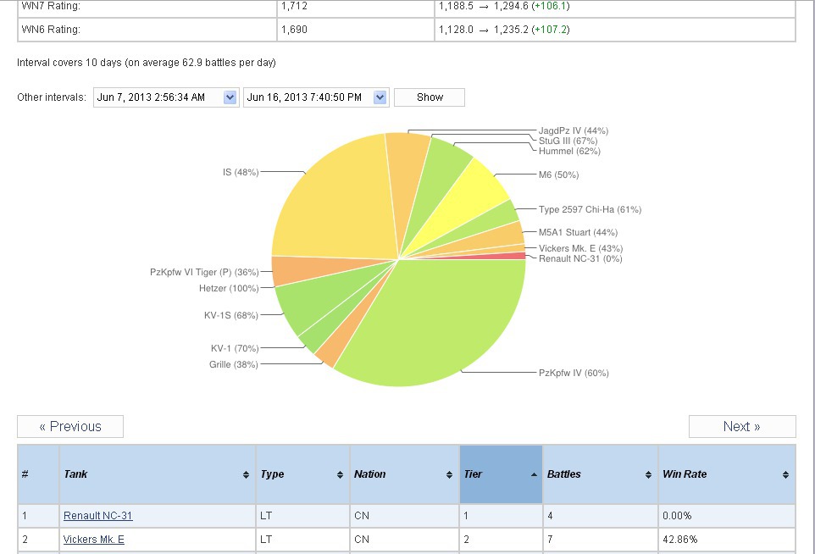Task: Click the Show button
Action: coord(430,97)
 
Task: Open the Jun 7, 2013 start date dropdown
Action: coord(230,97)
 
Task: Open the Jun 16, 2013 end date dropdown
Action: coord(380,97)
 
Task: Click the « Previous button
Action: coord(70,426)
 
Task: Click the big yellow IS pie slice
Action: coord(335,195)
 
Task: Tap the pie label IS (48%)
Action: coord(240,172)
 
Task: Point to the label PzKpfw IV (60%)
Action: coord(574,373)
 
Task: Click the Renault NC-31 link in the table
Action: coord(97,516)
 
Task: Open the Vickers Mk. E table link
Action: coord(93,540)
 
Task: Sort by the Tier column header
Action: coord(500,474)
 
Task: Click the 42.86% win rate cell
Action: coord(679,540)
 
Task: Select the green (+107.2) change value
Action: coord(550,30)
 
